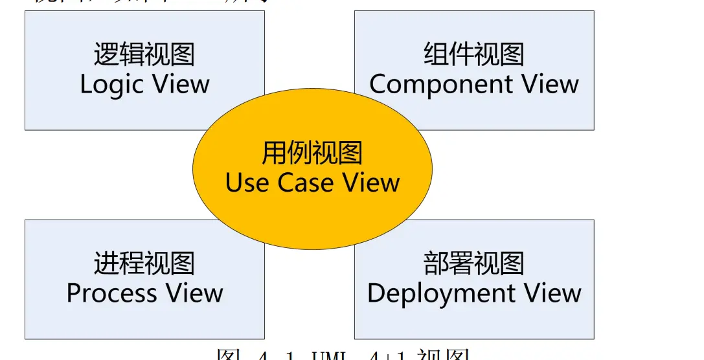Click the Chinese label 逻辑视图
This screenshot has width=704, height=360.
coord(144,54)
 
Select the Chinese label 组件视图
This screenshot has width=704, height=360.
coord(474,54)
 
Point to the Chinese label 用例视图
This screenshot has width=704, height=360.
coord(312,154)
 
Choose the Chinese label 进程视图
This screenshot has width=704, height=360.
coord(144,264)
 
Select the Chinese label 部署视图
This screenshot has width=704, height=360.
coord(474,264)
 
